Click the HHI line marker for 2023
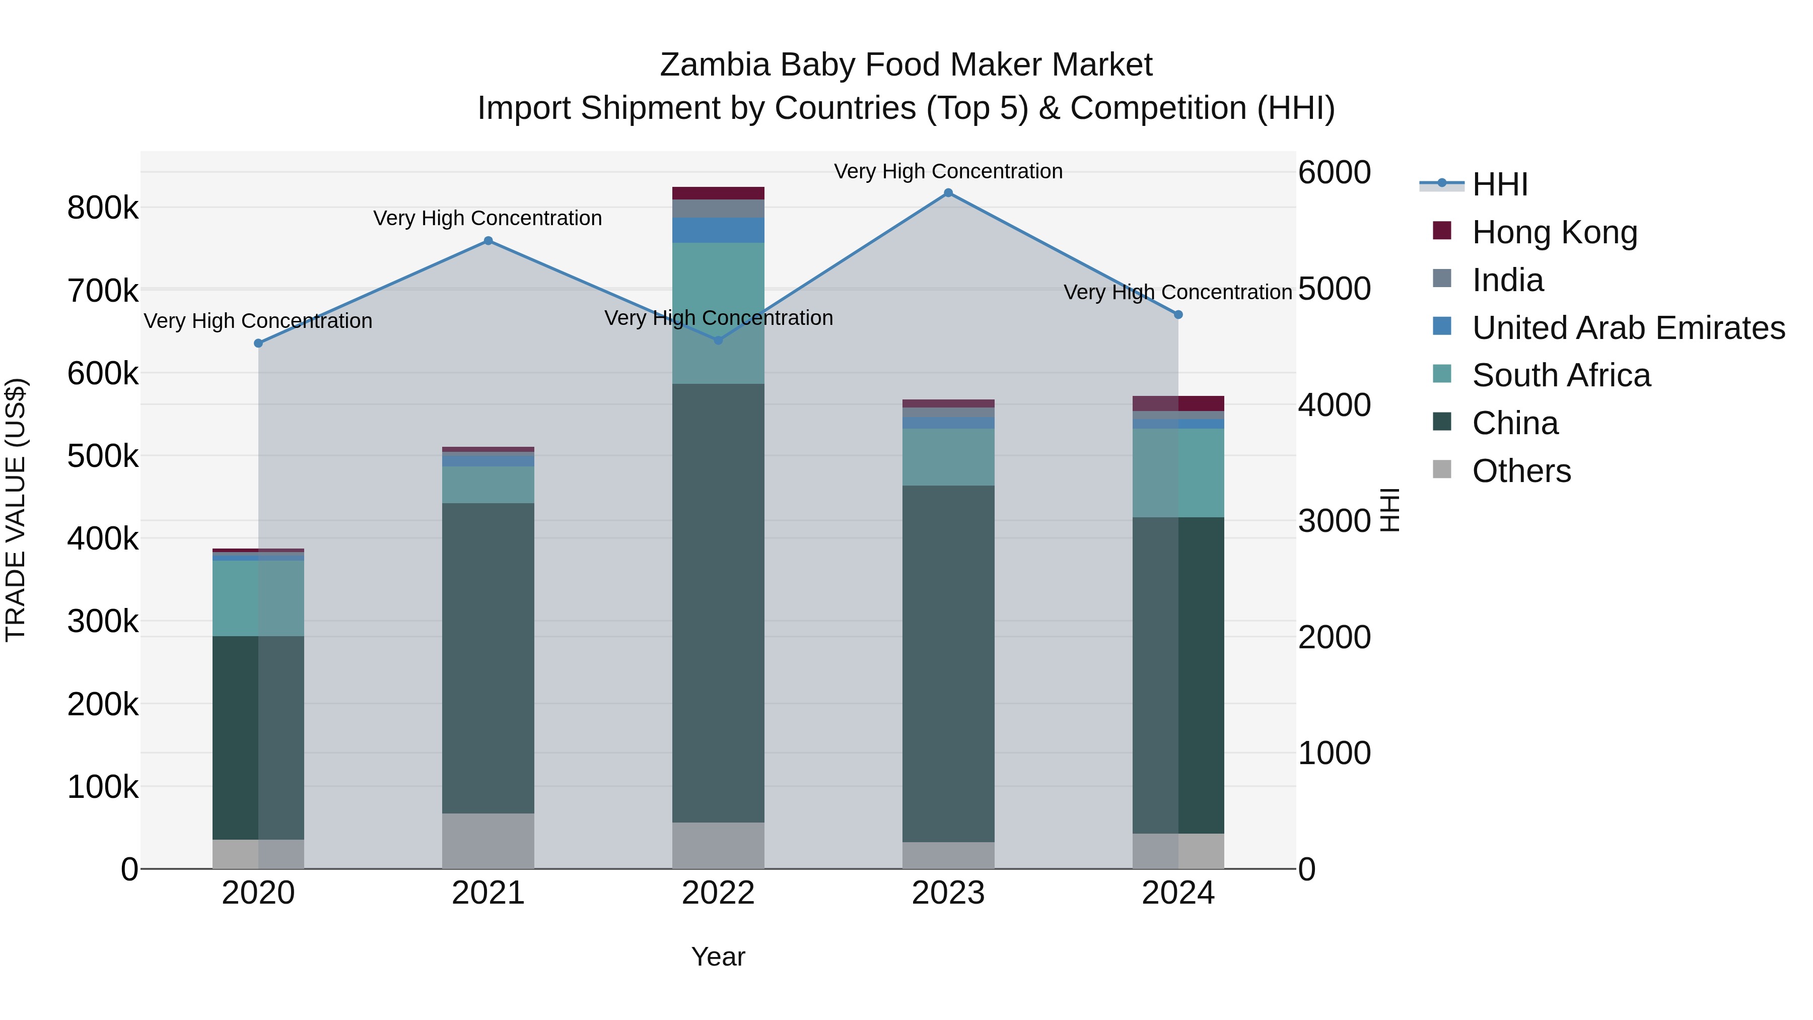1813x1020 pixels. tap(948, 193)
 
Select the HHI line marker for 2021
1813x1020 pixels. tap(489, 241)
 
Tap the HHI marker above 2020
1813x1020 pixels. tap(258, 344)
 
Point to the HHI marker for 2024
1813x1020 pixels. tap(1178, 315)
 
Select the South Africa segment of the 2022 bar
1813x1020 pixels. tap(718, 313)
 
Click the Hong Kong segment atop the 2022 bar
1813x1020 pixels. tap(718, 193)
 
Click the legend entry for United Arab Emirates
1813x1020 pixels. tap(1627, 328)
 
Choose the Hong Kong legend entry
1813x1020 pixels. tap(1554, 232)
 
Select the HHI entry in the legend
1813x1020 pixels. tap(1499, 184)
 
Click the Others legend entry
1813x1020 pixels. tap(1521, 471)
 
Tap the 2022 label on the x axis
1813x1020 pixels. tap(718, 893)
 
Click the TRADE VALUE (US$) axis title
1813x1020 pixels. tap(16, 510)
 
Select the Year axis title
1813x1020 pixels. tap(718, 957)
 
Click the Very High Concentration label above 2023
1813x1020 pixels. tap(948, 171)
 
